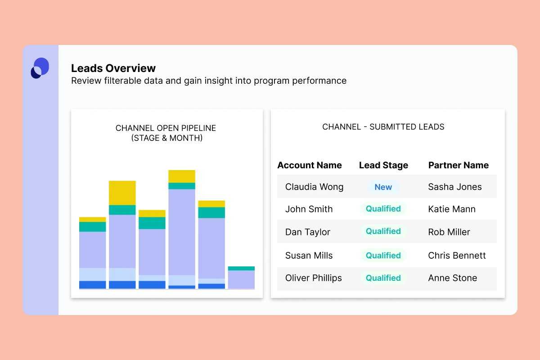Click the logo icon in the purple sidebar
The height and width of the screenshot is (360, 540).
coord(40,68)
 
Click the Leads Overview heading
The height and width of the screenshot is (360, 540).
coord(113,68)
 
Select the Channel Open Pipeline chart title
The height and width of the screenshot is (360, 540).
coord(166,133)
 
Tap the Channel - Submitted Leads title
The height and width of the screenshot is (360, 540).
coord(383,127)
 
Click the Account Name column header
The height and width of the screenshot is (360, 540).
coord(310,165)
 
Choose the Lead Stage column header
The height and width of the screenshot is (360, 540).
coord(383,165)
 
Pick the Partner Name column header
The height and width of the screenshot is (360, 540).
coord(458,165)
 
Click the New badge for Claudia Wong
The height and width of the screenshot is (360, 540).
coord(383,187)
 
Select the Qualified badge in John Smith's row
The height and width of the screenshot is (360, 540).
coord(383,209)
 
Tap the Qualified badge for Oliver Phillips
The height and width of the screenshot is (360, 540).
coord(383,278)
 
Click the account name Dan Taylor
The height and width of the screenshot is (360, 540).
coord(308,232)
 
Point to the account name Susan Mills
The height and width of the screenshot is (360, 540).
coord(309,256)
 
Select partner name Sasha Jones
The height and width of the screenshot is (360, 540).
coord(455,187)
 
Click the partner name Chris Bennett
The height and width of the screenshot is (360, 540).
coord(457,256)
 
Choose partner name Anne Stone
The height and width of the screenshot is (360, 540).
coord(453,278)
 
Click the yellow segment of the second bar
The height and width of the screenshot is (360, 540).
coord(122,193)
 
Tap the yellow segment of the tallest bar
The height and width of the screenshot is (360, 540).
coord(182,176)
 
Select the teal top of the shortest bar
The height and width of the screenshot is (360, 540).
coord(241,268)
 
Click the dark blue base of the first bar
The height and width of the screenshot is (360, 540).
coord(92,285)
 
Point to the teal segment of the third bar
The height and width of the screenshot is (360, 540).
coord(152,223)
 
